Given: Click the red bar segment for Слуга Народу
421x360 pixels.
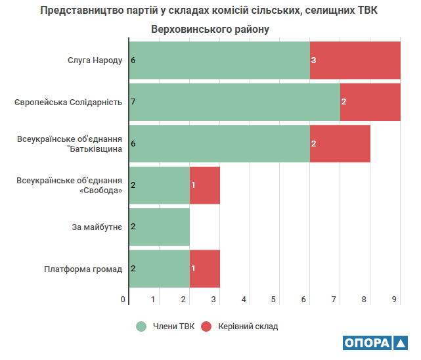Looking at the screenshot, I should click(355, 60).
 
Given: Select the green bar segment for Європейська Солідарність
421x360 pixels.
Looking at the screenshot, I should click(234, 102).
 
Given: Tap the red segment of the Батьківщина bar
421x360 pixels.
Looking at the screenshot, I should click(340, 143).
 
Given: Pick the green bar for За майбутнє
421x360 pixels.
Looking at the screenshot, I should click(159, 227).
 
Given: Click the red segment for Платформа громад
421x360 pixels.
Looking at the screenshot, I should click(204, 268).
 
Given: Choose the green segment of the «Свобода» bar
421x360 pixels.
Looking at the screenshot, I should click(159, 185).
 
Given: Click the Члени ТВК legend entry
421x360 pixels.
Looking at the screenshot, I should click(167, 326).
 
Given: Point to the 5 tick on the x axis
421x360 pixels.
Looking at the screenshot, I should click(274, 300).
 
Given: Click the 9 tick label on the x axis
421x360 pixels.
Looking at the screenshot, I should click(395, 300).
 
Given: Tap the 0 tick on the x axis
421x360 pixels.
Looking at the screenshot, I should click(123, 300).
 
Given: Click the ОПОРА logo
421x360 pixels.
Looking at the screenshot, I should click(375, 344).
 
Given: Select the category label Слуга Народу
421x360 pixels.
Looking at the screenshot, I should click(95, 60).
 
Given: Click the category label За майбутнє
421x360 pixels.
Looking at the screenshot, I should click(97, 227).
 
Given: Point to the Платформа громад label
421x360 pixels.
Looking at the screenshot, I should click(83, 268).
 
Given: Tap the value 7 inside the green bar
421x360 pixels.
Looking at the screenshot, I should click(133, 102).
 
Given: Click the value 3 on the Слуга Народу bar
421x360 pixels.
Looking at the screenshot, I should click(314, 60).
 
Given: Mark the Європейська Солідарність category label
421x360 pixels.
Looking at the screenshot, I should click(68, 102).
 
